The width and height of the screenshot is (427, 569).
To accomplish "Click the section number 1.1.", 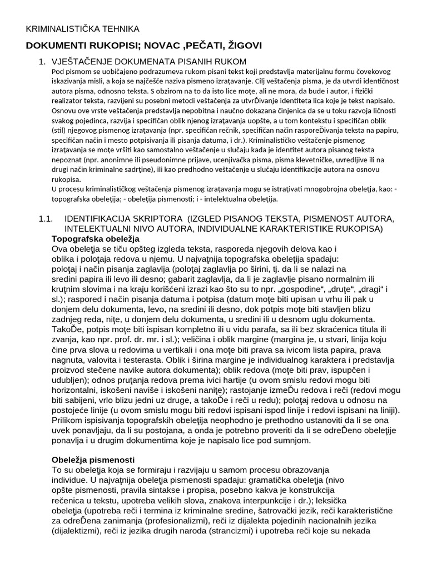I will pyautogui.click(x=46, y=219).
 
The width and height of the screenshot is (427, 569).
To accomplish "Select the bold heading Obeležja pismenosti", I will pyautogui.click(x=93, y=460).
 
